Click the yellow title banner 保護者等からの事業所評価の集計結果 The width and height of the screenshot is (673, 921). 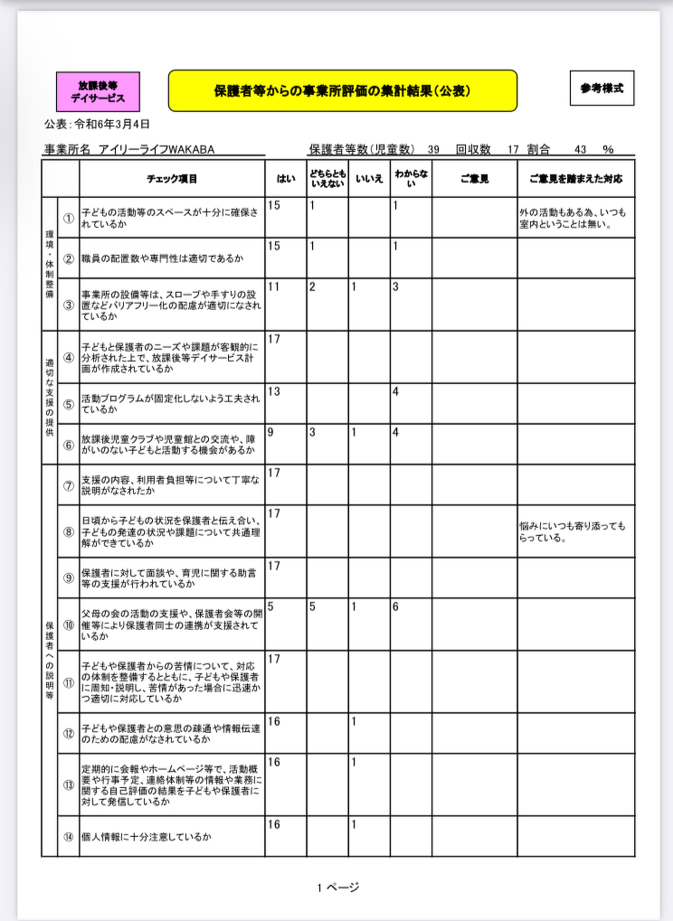coord(342,90)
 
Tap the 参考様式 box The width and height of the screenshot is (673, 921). coord(602,89)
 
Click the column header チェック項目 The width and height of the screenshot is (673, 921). coord(172,179)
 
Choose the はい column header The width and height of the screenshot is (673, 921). coord(285,179)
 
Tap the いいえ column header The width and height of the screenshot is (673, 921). coord(369,179)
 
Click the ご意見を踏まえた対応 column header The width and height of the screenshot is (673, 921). coord(575,179)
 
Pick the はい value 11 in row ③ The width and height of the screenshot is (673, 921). coord(275,287)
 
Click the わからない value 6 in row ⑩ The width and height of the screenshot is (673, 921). coord(396,607)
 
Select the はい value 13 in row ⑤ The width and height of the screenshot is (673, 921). coord(275,391)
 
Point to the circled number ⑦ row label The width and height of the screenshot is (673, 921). coord(69,485)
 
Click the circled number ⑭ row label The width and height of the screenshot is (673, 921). coord(69,837)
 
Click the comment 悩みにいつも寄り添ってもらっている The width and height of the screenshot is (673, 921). coord(572,532)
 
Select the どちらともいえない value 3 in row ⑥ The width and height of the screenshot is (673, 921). coord(312,433)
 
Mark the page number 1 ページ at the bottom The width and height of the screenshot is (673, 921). coord(337,888)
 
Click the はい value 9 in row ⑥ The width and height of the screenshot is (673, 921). coord(271,433)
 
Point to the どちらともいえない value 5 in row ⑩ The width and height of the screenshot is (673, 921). coord(312,607)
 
